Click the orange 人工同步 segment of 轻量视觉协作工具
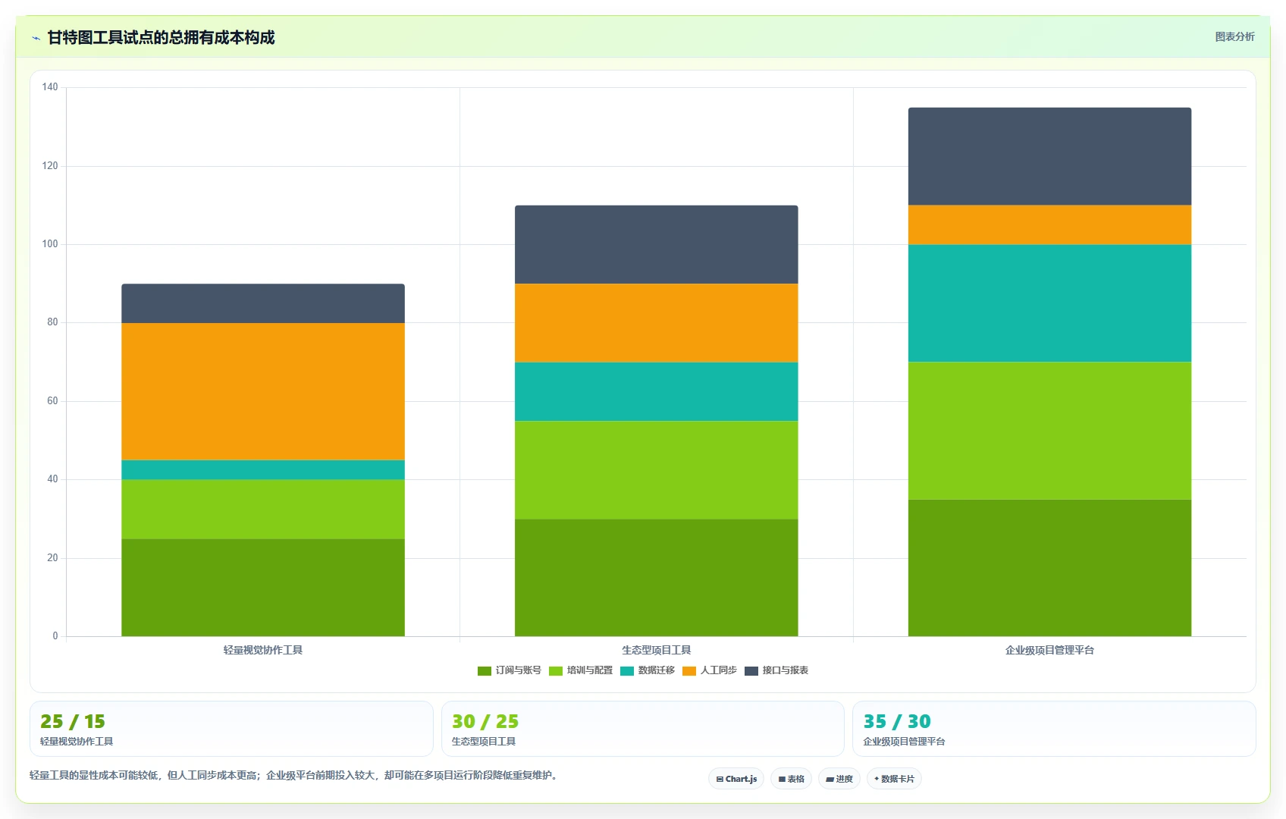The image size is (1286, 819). (x=263, y=391)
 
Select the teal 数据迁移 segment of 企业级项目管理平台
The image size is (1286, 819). (x=1049, y=303)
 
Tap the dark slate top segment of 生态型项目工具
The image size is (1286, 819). (x=656, y=245)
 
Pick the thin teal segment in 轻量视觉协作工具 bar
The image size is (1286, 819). (x=263, y=470)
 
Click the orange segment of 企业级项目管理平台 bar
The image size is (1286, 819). (x=1049, y=225)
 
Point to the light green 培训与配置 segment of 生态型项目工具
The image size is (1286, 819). (x=656, y=470)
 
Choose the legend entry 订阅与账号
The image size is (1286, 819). (x=510, y=670)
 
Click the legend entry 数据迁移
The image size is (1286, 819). (x=648, y=670)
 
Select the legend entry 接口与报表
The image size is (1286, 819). (x=776, y=670)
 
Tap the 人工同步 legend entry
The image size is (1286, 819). (x=710, y=670)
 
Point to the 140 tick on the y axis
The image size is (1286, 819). (x=50, y=86)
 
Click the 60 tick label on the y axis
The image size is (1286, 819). (x=52, y=401)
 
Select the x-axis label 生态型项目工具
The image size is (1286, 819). (x=656, y=650)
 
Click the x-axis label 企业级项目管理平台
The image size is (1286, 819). (x=1049, y=650)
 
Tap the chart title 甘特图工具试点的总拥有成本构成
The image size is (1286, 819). (x=161, y=38)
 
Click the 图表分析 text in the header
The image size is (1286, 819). (x=1235, y=36)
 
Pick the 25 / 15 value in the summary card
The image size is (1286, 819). (x=73, y=720)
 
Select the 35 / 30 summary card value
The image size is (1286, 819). (x=897, y=720)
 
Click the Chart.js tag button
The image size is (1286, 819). (x=736, y=779)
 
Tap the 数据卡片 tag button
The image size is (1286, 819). (x=894, y=779)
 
